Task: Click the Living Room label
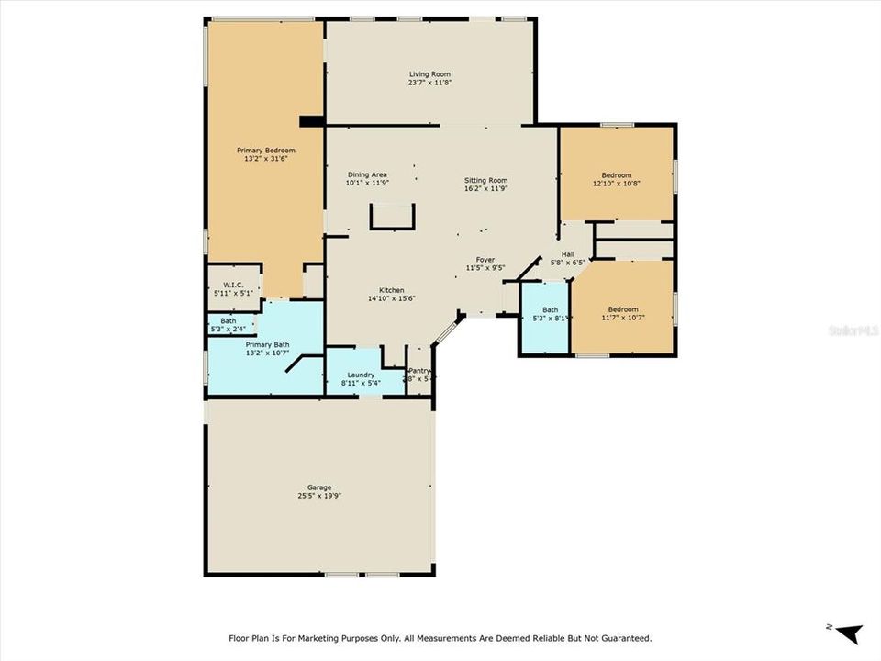tap(429, 74)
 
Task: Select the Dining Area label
tap(366, 174)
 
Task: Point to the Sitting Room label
tap(485, 180)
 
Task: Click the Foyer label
tap(485, 260)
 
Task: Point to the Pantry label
tap(419, 371)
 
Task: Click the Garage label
tap(319, 487)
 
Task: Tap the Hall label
tap(568, 254)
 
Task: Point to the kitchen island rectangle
tap(393, 217)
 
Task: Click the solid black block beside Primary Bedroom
tap(312, 120)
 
